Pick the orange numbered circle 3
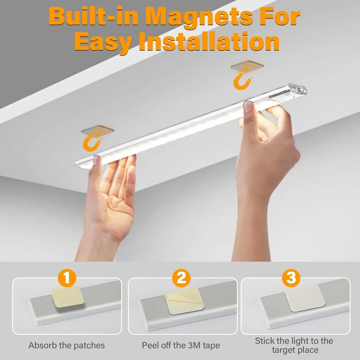coord(291,278)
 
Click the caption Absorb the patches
coord(66,345)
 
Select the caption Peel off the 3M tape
coord(181,345)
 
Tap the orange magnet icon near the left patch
coord(92,142)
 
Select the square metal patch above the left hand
coord(98,130)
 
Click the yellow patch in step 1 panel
coord(67,297)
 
